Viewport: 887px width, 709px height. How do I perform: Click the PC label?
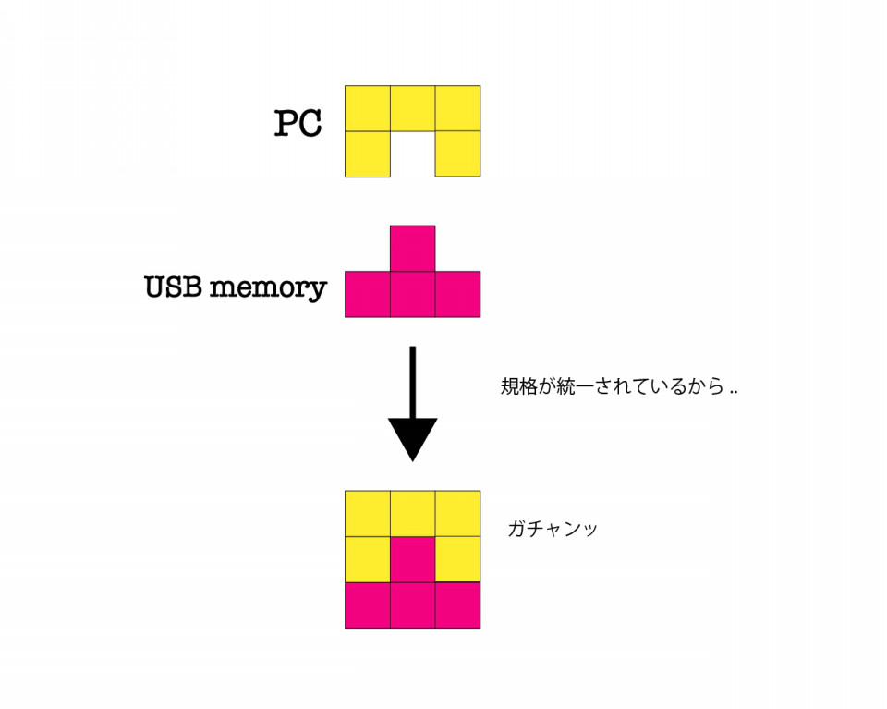click(298, 123)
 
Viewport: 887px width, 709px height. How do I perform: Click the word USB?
click(173, 287)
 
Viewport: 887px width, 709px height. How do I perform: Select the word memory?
click(268, 288)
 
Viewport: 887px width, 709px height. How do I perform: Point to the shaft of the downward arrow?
click(412, 383)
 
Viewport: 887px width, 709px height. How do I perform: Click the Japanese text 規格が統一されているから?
click(612, 386)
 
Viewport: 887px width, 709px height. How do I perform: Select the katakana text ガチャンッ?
click(553, 529)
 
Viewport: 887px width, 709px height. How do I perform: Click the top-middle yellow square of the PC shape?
click(412, 108)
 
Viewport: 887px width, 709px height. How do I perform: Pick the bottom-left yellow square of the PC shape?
click(368, 153)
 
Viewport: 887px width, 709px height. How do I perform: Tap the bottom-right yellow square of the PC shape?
click(457, 153)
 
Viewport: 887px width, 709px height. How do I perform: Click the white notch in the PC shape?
click(412, 153)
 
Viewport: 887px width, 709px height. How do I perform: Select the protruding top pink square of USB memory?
click(412, 249)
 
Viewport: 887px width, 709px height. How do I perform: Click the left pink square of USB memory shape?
click(368, 294)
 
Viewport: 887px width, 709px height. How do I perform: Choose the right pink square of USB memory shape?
click(457, 294)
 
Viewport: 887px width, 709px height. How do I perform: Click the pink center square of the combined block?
click(412, 559)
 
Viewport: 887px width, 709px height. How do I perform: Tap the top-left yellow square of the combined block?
click(368, 514)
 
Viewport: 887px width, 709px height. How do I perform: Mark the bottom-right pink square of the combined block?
click(457, 605)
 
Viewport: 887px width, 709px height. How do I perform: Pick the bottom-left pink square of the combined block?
click(368, 605)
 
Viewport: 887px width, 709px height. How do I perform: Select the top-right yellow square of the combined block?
click(457, 514)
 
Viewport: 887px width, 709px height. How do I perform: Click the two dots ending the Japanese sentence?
click(734, 392)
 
